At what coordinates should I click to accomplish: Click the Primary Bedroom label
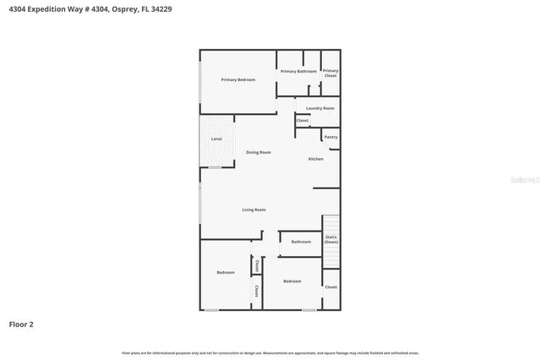pos(238,79)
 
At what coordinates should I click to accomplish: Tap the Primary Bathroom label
pos(298,71)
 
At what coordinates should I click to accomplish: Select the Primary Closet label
pos(331,73)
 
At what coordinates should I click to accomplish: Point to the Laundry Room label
pos(320,108)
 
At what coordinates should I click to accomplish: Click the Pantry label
pos(331,136)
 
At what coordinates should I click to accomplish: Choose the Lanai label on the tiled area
pos(216,139)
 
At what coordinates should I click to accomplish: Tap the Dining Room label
pos(259,152)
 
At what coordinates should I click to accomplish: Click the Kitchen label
pos(315,159)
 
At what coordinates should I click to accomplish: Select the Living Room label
pos(254,210)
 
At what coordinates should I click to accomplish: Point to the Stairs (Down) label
pos(331,239)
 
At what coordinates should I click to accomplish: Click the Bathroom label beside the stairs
pos(301,242)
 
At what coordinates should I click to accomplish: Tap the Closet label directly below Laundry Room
pos(303,121)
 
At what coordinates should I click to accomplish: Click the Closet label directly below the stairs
pos(331,287)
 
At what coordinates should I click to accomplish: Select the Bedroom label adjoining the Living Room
pos(226,272)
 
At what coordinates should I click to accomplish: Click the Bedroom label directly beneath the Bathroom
pos(292,281)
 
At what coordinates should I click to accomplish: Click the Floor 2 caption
pos(21,324)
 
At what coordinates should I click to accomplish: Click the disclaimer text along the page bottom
pos(270,352)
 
